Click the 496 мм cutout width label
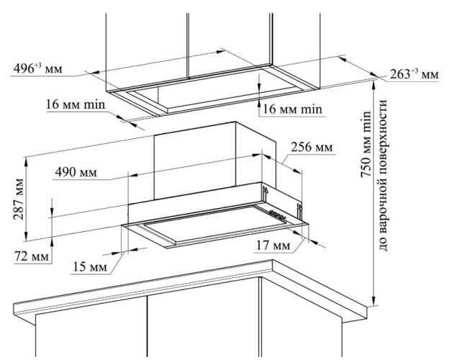point(37,69)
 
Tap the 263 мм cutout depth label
point(414,75)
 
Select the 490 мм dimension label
point(76,172)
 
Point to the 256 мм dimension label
point(311,147)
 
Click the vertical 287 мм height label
point(19,199)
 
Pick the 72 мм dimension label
point(32,256)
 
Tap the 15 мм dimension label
point(90,266)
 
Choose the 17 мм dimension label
point(273,246)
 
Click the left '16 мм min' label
point(76,104)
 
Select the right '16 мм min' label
point(293,109)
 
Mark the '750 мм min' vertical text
point(366,144)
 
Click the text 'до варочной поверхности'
point(383,175)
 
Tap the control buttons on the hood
point(277,215)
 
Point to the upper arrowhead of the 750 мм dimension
point(374,85)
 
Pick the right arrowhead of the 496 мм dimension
point(221,51)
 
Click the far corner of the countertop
point(273,261)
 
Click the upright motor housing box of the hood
point(215,161)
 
